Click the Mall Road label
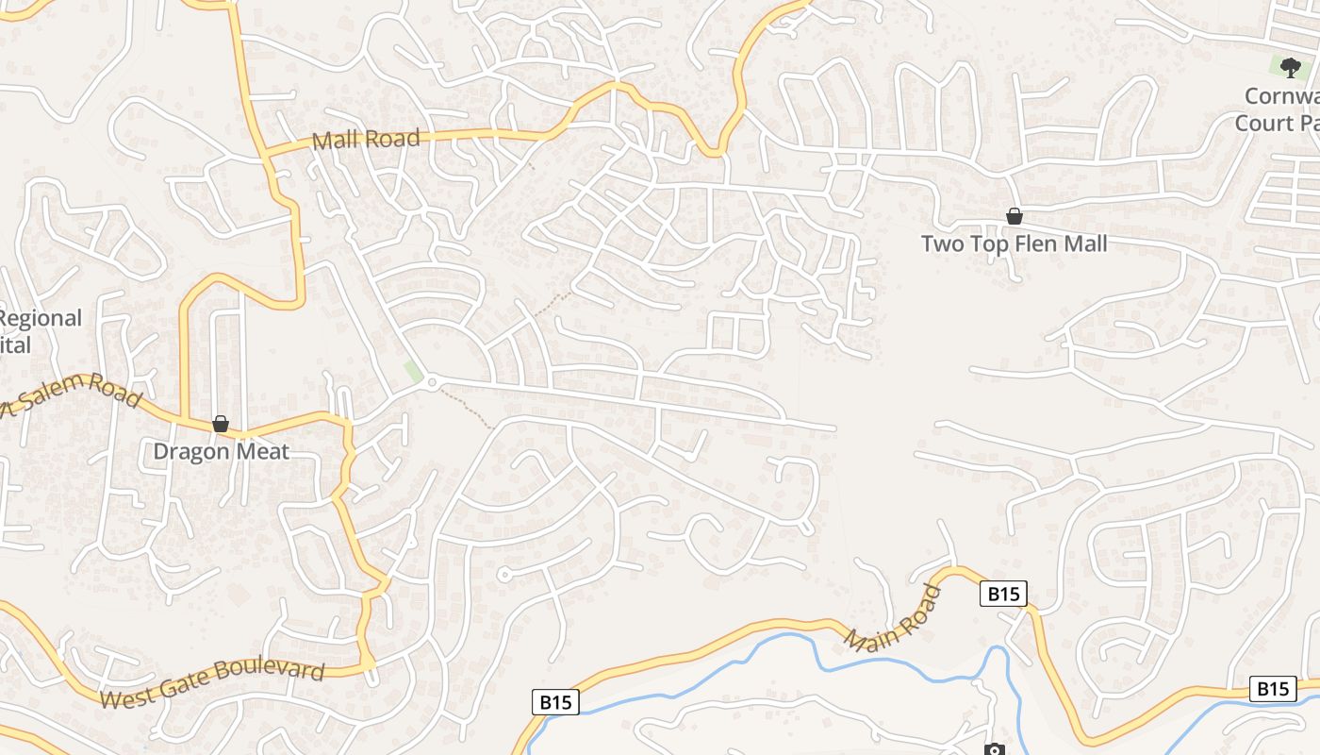366,140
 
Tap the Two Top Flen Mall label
1014,243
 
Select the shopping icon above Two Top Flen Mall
1015,216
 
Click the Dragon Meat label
221,451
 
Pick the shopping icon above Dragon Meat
221,424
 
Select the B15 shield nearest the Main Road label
1002,594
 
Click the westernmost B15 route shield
554,702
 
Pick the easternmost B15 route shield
1272,689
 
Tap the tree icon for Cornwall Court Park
1290,67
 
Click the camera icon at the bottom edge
994,750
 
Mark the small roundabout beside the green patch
432,382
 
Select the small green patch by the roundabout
413,372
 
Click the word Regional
40,318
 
